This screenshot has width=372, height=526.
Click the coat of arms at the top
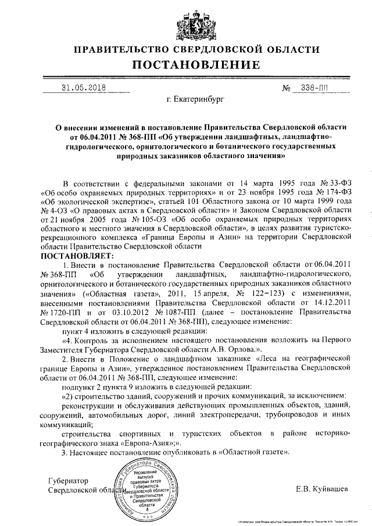[x=186, y=22]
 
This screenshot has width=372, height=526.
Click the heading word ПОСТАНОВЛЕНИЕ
[x=186, y=64]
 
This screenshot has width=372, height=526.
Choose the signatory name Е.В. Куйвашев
[x=322, y=489]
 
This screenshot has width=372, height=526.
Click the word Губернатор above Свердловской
[x=69, y=481]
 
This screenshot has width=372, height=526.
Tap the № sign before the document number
[x=286, y=89]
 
